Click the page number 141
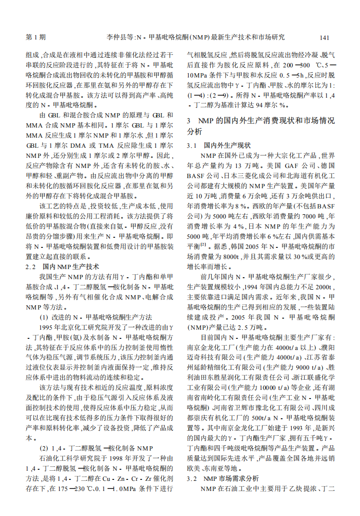(324, 37)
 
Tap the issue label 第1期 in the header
(35, 37)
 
